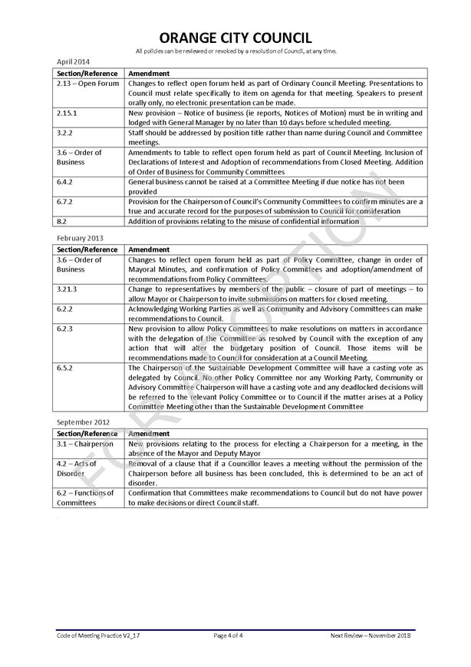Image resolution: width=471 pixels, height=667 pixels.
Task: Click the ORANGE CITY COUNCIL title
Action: tap(235, 38)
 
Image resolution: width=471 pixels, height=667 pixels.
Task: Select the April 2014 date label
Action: tap(74, 61)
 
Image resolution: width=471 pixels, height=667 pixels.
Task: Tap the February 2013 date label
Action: tap(79, 239)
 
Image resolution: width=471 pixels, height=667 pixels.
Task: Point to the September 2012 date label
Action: tap(82, 422)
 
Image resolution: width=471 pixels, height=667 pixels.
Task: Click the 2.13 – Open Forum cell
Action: tap(87, 83)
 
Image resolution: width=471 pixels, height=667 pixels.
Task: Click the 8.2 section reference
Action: tap(61, 221)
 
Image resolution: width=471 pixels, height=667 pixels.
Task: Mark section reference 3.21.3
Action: tap(68, 290)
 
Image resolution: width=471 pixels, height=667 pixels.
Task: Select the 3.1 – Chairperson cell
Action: tap(85, 444)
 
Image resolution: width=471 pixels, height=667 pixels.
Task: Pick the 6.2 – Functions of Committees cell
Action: tap(85, 497)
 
